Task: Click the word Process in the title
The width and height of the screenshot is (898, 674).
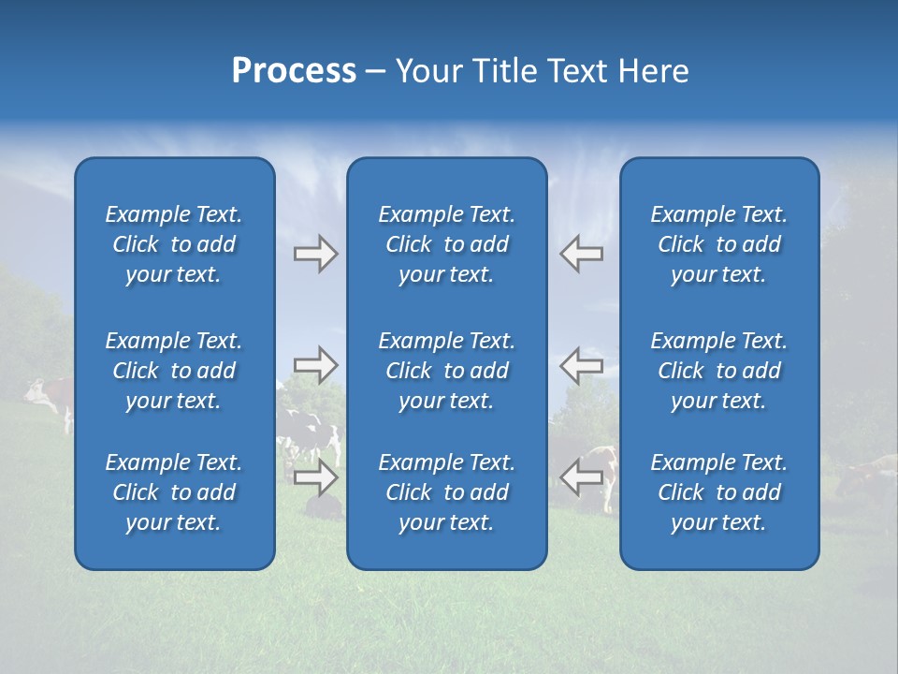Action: (294, 71)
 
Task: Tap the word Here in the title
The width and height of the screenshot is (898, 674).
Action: (652, 71)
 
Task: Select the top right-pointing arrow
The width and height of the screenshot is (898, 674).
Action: (315, 254)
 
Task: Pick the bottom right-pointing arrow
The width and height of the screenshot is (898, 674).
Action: (315, 477)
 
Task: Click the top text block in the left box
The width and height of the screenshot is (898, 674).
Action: (174, 244)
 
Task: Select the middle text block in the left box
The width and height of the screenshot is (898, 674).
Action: (174, 371)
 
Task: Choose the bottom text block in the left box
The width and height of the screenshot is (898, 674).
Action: (174, 492)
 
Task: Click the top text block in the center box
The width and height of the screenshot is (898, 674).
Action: (446, 244)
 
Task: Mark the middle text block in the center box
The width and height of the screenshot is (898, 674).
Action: (446, 371)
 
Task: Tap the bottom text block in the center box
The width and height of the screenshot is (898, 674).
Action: (446, 492)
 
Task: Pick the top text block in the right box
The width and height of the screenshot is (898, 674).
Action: (718, 244)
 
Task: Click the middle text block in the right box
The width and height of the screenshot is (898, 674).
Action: (718, 371)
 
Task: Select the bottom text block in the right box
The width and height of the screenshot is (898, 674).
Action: (718, 492)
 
